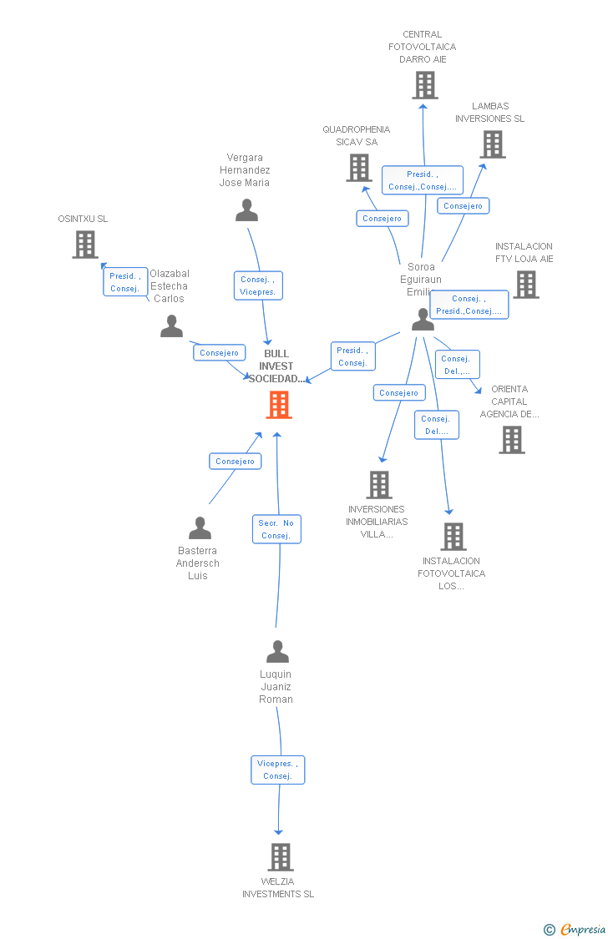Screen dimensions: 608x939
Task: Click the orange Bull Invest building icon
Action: pyautogui.click(x=278, y=405)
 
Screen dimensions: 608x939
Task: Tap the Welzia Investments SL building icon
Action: pyautogui.click(x=280, y=857)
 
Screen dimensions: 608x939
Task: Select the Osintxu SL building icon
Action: pyautogui.click(x=85, y=245)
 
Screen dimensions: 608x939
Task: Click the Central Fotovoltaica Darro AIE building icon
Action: pyautogui.click(x=424, y=85)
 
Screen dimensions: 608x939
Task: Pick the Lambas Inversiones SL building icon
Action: pyautogui.click(x=493, y=144)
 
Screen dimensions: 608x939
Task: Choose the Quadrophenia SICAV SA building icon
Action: pyautogui.click(x=359, y=168)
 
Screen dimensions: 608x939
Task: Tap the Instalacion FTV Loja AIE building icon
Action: pyautogui.click(x=525, y=285)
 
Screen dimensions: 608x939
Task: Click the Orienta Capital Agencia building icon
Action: pyautogui.click(x=511, y=440)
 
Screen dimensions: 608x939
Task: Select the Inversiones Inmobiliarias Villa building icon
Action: pyautogui.click(x=378, y=485)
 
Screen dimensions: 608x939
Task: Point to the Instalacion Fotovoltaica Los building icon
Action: pyautogui.click(x=453, y=537)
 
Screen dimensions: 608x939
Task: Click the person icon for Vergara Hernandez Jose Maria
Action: pyautogui.click(x=246, y=210)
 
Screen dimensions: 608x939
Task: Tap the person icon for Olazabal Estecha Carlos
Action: pyautogui.click(x=171, y=326)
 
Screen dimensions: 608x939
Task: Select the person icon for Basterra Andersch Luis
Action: pyautogui.click(x=200, y=528)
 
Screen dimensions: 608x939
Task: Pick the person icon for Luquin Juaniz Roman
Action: pyautogui.click(x=277, y=651)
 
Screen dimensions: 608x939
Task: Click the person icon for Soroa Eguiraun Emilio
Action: pyautogui.click(x=423, y=320)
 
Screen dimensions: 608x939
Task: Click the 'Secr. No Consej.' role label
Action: pyautogui.click(x=276, y=529)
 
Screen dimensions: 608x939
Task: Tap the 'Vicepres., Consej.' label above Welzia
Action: pyautogui.click(x=277, y=770)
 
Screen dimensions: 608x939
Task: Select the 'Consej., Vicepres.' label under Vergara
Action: pyautogui.click(x=258, y=285)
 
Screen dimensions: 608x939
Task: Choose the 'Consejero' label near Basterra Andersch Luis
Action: pyautogui.click(x=235, y=462)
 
